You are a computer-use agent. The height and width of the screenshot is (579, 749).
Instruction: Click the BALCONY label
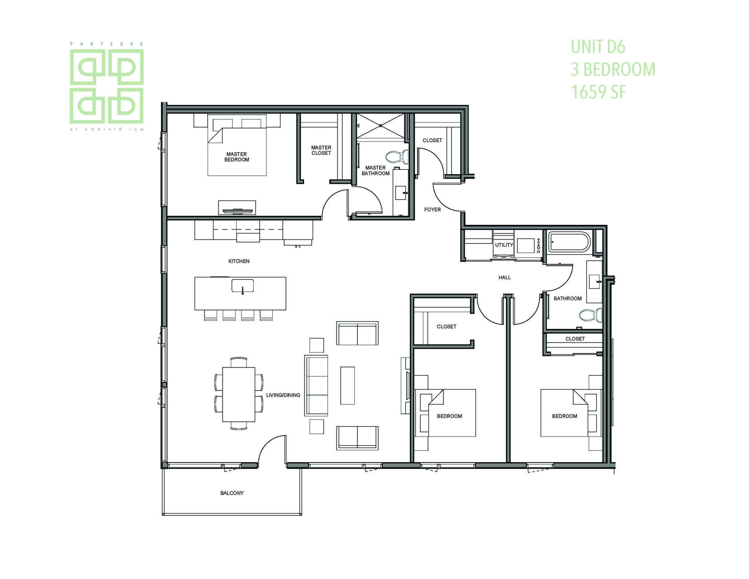click(232, 493)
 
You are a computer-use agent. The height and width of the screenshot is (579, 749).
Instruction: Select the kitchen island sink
click(243, 286)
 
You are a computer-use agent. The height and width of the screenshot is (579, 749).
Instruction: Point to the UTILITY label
click(504, 245)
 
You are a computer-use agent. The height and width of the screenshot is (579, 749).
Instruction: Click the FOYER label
click(433, 210)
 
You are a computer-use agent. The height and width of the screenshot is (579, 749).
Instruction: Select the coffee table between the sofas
click(347, 386)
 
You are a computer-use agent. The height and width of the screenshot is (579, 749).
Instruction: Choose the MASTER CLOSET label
click(321, 150)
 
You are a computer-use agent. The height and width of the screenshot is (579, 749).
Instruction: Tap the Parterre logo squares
click(107, 86)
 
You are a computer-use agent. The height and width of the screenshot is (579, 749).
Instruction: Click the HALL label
click(504, 277)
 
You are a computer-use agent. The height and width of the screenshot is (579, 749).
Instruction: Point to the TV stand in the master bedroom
click(237, 207)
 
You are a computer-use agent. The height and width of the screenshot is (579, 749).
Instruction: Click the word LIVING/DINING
click(283, 395)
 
